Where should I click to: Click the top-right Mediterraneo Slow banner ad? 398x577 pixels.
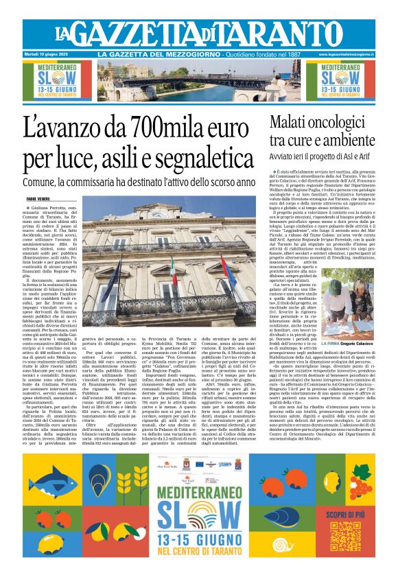click(x=353, y=80)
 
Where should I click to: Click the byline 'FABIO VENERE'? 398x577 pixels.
click(x=37, y=198)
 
